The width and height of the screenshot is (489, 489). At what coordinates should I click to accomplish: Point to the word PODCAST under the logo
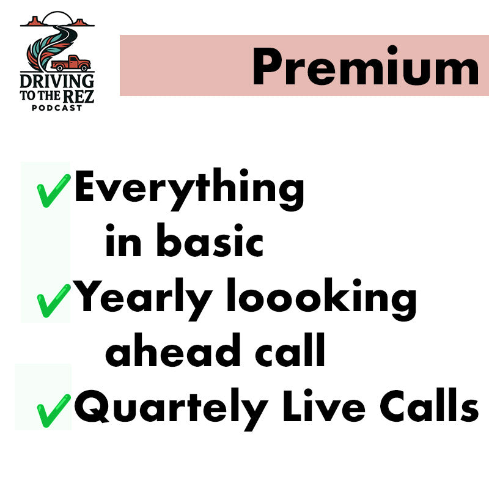point(57,108)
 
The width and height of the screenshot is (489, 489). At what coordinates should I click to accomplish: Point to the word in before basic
point(123,243)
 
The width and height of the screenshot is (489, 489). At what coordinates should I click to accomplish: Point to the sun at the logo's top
point(56,18)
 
